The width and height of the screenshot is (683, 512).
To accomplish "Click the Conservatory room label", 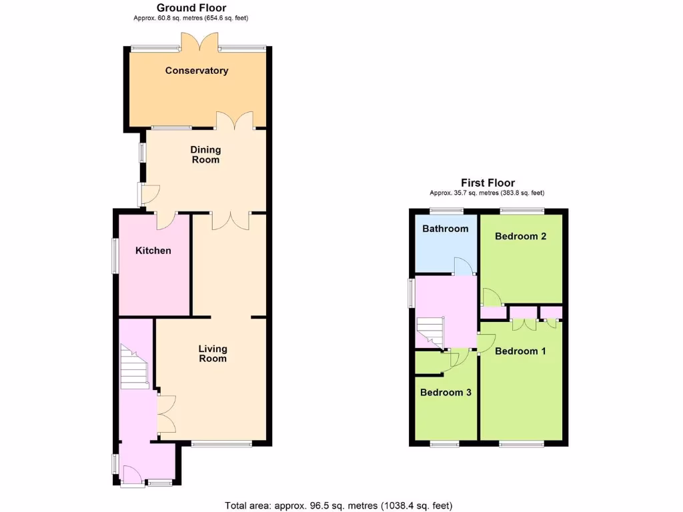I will tap(197, 71).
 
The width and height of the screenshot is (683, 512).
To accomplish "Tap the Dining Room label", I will tap(205, 155).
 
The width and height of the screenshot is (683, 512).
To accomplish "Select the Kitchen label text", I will tap(153, 251).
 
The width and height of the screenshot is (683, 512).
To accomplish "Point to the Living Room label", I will tap(213, 353).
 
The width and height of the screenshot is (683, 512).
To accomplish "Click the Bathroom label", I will tap(445, 229).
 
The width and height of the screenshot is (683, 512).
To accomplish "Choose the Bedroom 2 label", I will tap(521, 236).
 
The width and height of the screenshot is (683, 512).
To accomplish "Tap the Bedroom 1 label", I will tap(521, 351).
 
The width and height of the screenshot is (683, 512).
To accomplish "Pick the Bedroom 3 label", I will tap(446, 393).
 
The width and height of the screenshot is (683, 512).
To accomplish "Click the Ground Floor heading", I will tap(191, 8).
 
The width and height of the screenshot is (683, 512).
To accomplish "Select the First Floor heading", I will tap(488, 183).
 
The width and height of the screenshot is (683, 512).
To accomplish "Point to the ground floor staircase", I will tap(134, 367).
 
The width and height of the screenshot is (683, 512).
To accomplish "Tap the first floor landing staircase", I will tap(430, 331).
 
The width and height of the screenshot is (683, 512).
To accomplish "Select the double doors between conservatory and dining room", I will tap(235, 121).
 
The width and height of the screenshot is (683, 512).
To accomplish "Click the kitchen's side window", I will tap(114, 255).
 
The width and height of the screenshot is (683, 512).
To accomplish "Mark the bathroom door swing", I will tap(464, 267).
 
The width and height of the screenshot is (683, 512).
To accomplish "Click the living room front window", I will tap(221, 443).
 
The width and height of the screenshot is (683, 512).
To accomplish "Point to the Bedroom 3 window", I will tap(444, 443).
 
